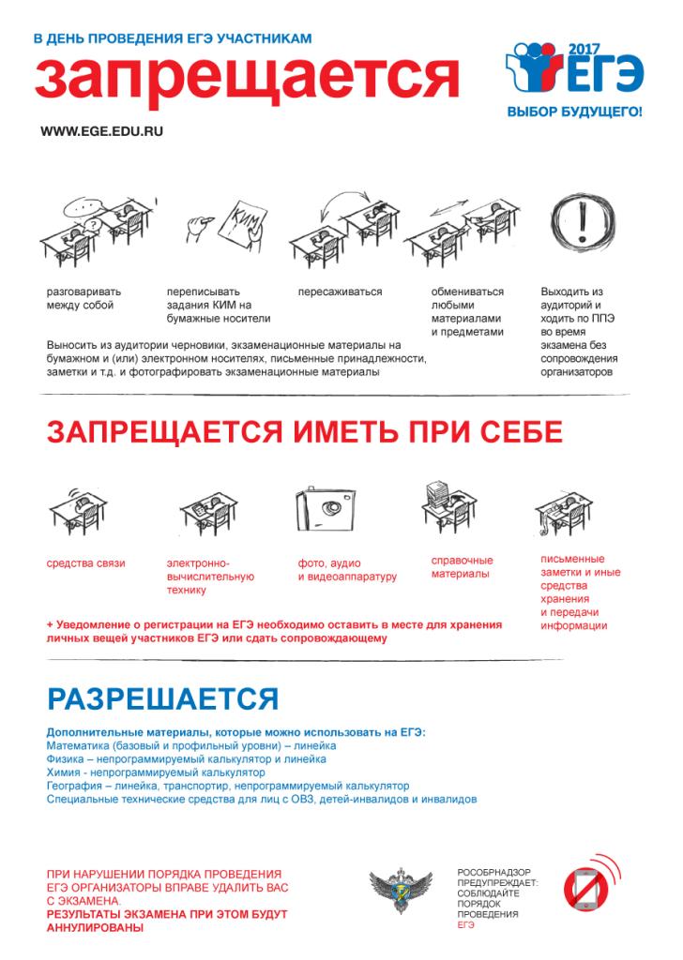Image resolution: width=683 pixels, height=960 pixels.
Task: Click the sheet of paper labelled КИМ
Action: [238, 226]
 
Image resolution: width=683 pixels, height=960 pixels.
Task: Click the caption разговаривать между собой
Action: [84, 298]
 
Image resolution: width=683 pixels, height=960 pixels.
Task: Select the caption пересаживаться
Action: [340, 292]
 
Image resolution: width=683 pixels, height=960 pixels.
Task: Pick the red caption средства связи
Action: [86, 563]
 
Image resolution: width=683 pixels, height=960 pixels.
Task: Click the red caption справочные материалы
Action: [462, 567]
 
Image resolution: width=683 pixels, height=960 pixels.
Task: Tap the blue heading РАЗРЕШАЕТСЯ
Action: [162, 699]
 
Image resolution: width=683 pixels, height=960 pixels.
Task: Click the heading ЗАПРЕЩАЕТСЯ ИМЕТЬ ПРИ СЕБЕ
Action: [305, 432]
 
